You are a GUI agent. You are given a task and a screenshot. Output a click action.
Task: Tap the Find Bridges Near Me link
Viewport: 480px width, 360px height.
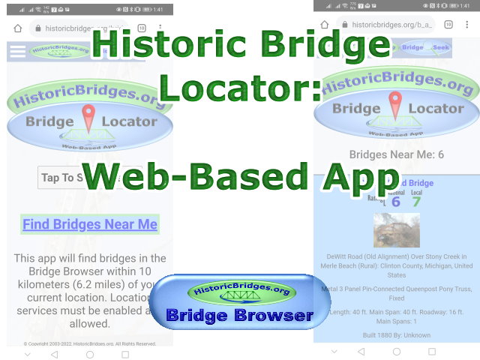[90, 224]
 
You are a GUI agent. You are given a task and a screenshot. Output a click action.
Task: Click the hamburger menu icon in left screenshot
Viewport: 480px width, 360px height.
[16, 51]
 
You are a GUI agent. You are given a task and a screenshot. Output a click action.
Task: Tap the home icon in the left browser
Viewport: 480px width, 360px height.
[18, 28]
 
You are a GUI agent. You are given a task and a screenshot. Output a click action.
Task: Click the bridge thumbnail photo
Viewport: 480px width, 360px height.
[394, 230]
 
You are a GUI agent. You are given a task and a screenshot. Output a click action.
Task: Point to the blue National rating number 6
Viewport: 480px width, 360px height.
[396, 201]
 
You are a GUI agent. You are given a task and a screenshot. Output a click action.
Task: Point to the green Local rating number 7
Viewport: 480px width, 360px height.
[416, 201]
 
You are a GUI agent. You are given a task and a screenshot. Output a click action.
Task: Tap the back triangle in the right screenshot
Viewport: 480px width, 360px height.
[361, 351]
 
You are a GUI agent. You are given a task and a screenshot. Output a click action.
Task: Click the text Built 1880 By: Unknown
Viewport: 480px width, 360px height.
[395, 335]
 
